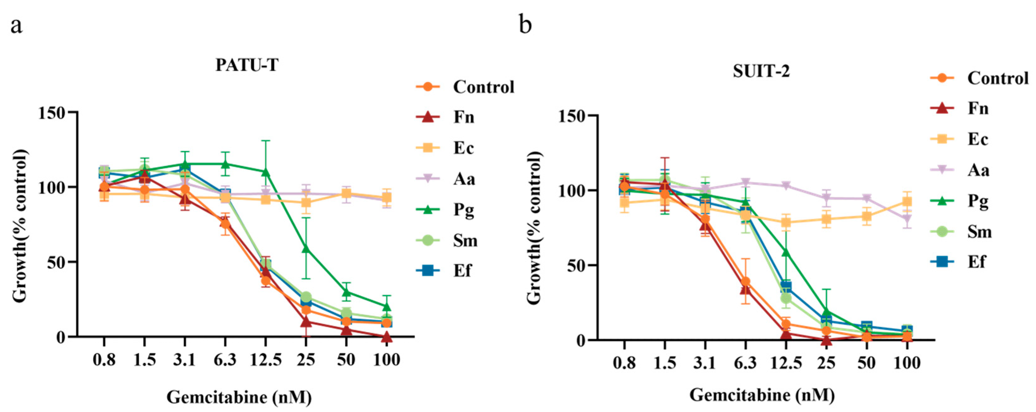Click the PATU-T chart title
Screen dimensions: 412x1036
click(247, 65)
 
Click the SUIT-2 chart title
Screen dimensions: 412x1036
click(761, 71)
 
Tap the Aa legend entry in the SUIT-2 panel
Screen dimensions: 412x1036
click(978, 170)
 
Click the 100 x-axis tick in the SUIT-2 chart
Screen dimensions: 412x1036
click(907, 363)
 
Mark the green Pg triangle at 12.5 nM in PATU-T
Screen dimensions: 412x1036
click(265, 172)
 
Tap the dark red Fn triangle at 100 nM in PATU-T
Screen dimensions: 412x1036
click(387, 336)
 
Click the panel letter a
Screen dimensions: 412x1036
click(16, 26)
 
